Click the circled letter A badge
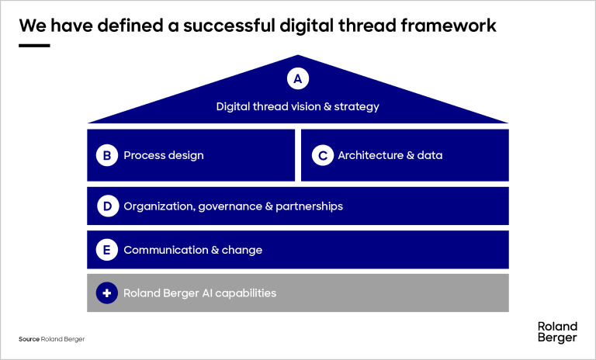(298, 78)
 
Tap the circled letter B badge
(107, 155)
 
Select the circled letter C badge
(323, 155)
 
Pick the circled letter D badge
(108, 206)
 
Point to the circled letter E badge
(107, 250)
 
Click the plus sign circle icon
(107, 293)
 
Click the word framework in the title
(449, 26)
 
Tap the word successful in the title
(229, 26)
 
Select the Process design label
(164, 155)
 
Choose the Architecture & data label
(390, 155)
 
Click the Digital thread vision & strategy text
(298, 107)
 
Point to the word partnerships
(310, 206)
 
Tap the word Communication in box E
(166, 250)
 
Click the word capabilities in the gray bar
(245, 293)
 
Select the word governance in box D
(230, 206)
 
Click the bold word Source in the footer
(29, 339)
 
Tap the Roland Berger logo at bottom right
(557, 332)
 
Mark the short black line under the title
(34, 46)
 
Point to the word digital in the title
(307, 26)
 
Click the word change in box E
(242, 250)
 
